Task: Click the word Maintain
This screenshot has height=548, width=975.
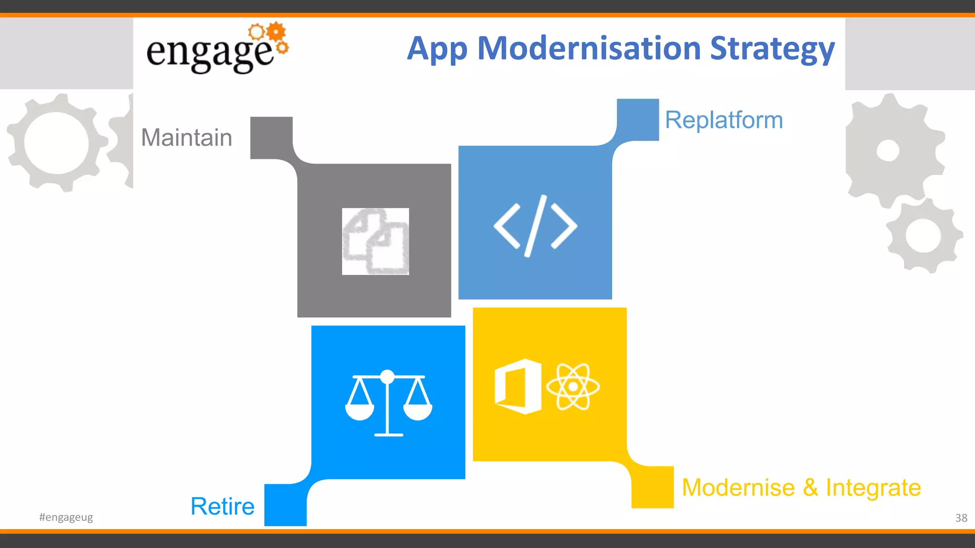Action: tap(187, 137)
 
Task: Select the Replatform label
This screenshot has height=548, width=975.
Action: tap(724, 120)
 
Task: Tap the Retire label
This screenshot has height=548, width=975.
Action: tap(222, 506)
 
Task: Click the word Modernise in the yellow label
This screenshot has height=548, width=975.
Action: tap(738, 488)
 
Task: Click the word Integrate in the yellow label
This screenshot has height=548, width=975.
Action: tap(873, 488)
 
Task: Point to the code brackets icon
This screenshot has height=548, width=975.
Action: tap(535, 225)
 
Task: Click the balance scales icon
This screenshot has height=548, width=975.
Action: tap(388, 403)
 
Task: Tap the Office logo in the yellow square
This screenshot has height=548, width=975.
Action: tap(517, 386)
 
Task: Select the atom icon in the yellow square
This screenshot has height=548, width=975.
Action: tap(573, 386)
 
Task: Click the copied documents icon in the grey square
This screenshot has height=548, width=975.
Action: tap(375, 241)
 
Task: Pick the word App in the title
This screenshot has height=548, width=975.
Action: tap(437, 49)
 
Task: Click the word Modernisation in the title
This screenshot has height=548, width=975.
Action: tap(589, 49)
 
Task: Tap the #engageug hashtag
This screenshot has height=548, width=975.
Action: tap(66, 517)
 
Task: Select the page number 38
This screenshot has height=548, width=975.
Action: tap(961, 518)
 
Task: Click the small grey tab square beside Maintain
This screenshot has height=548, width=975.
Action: tap(271, 137)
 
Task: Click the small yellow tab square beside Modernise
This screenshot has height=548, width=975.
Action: tap(652, 487)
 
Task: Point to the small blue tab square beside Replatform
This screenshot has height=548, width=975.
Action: tap(638, 119)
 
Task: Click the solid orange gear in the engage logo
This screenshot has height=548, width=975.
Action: tap(276, 32)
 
